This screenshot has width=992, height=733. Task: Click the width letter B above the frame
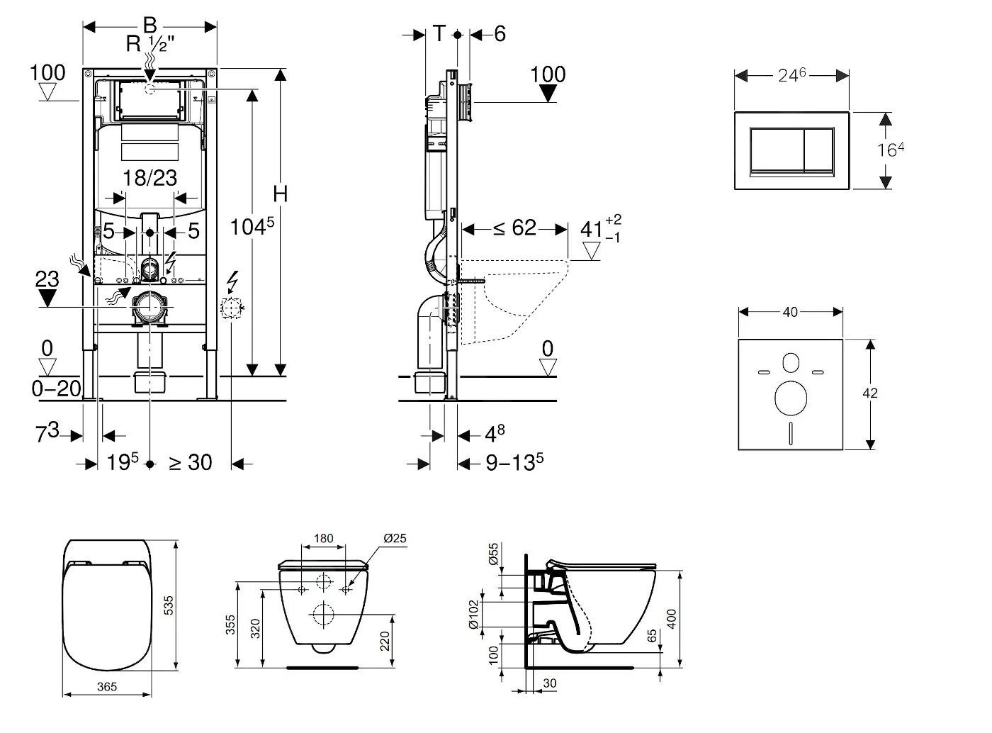coord(150,25)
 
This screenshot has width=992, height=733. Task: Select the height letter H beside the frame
coord(281,194)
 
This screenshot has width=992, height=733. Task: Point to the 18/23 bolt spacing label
coord(150,177)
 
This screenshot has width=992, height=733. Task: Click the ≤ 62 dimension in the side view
coord(514,228)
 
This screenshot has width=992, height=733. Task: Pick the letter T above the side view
coord(440,33)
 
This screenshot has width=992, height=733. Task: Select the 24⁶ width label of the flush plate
coord(792,75)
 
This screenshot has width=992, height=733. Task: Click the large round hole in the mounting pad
coord(790,398)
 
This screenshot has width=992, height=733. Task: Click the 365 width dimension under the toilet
coord(106,686)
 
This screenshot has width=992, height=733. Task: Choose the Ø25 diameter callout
coord(395,538)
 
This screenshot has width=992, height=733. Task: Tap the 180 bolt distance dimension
coord(323,538)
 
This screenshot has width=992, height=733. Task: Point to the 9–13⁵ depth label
coord(514,463)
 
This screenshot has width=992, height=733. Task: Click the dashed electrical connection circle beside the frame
coord(232,308)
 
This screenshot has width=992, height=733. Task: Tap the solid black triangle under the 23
coord(47,298)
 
